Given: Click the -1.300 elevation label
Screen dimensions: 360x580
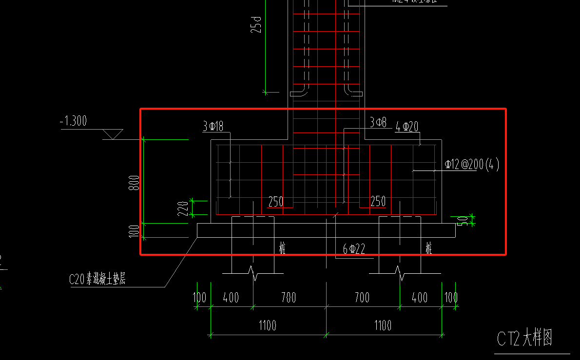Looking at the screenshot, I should tap(73, 121).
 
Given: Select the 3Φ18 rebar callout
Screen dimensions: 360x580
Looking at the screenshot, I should tap(213, 127).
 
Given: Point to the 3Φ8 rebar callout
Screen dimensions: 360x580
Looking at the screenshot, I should tap(378, 123).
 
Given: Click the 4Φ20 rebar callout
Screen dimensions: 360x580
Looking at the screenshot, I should tap(407, 127).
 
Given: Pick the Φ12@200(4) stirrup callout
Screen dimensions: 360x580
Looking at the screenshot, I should tap(472, 165).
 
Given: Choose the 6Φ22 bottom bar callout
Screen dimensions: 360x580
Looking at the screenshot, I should tap(354, 249).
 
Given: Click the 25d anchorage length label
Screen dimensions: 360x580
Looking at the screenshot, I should tap(256, 24).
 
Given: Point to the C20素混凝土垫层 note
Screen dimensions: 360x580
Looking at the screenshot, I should tap(97, 279).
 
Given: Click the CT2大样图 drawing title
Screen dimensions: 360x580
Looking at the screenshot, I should tap(524, 338).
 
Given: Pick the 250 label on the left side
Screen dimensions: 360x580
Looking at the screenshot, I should tap(276, 202).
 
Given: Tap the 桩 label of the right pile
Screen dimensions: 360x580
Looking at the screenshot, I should tap(428, 248).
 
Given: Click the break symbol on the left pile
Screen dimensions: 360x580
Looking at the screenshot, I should tap(253, 273).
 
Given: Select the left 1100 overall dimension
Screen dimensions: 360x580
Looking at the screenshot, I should tap(267, 325).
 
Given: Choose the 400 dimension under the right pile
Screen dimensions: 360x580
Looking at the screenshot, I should tap(420, 297).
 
